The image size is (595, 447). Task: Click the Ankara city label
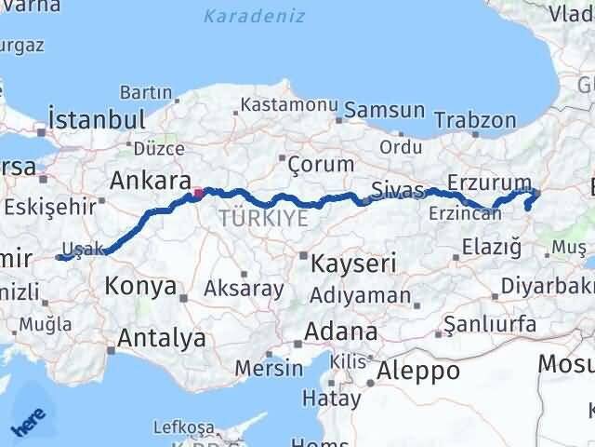[x=151, y=180]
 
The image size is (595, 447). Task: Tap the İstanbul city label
[x=97, y=120]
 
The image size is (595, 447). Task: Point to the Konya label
[x=141, y=286]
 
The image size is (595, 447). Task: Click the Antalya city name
[x=163, y=338]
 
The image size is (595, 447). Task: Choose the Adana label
[x=344, y=332]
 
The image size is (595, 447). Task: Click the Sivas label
[x=397, y=190]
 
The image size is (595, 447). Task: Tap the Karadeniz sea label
[x=248, y=16]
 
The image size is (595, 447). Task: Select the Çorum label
[x=321, y=164]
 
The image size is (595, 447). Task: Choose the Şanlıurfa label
[x=490, y=324]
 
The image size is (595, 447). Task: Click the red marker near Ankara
[x=197, y=195]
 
